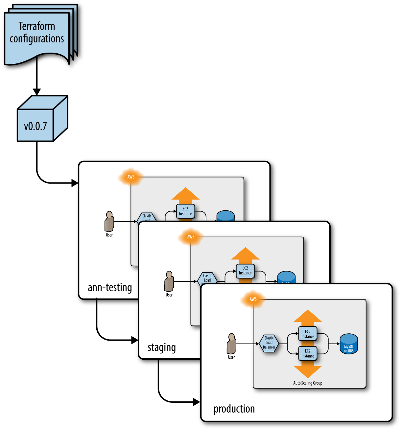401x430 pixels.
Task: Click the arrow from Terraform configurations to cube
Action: pos(37,79)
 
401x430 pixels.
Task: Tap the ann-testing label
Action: pos(110,287)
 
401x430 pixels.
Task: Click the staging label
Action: pos(161,347)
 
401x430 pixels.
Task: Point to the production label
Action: pos(234,409)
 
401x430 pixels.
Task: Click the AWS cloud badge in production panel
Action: pos(253,299)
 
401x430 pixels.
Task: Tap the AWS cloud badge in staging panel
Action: pos(191,237)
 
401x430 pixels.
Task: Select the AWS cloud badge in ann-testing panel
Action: pos(131,177)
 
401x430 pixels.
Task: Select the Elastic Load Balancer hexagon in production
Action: pos(269,343)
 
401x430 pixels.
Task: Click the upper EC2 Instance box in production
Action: pos(308,334)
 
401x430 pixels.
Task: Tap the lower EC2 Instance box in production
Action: pos(308,354)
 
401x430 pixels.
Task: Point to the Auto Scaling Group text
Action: pos(308,383)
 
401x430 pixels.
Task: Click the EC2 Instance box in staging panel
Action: pos(245,271)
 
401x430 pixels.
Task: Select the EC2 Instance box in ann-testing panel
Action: pos(185,211)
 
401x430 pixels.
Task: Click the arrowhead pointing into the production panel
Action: pos(197,402)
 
